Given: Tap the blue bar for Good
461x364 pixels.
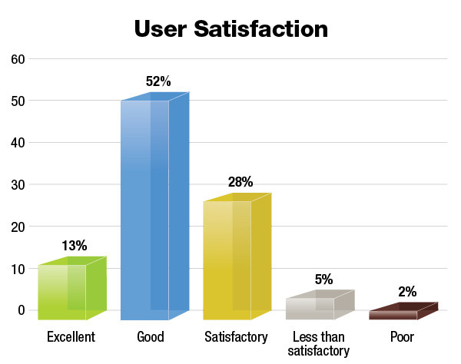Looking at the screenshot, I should (x=151, y=207).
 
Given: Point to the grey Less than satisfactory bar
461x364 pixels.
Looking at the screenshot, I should (x=315, y=307).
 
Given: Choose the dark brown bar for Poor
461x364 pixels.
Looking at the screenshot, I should (x=398, y=313).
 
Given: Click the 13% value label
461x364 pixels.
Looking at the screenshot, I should (x=74, y=246).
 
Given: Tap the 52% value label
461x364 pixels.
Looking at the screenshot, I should (x=158, y=81).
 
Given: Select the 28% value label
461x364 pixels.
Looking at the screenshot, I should (x=240, y=182).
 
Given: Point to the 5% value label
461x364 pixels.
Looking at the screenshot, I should (x=323, y=280).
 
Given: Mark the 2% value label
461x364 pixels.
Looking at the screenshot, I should (x=406, y=292).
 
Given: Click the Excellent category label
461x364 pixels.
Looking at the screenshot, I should (x=71, y=337).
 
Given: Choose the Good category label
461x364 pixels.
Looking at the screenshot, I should (x=151, y=337).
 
